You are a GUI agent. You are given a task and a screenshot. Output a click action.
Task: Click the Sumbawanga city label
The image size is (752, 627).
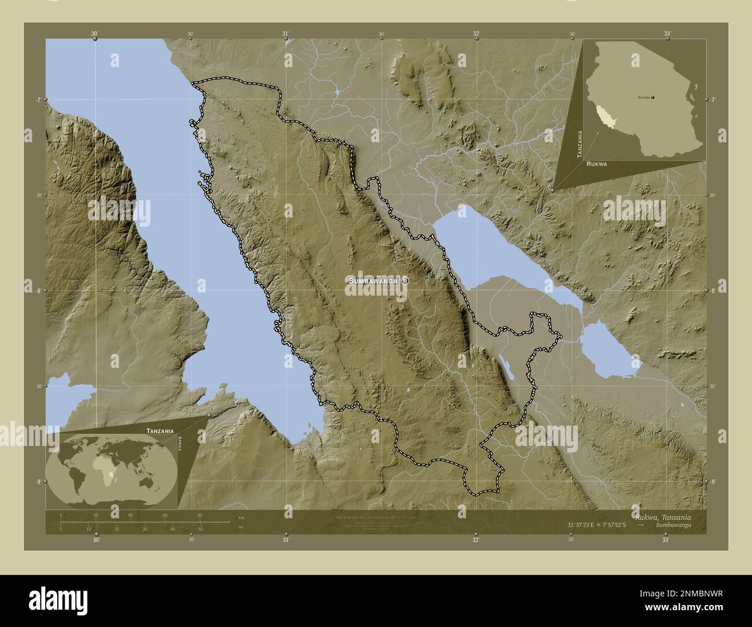373,281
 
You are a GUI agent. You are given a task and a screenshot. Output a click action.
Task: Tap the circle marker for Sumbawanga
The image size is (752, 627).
405,280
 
